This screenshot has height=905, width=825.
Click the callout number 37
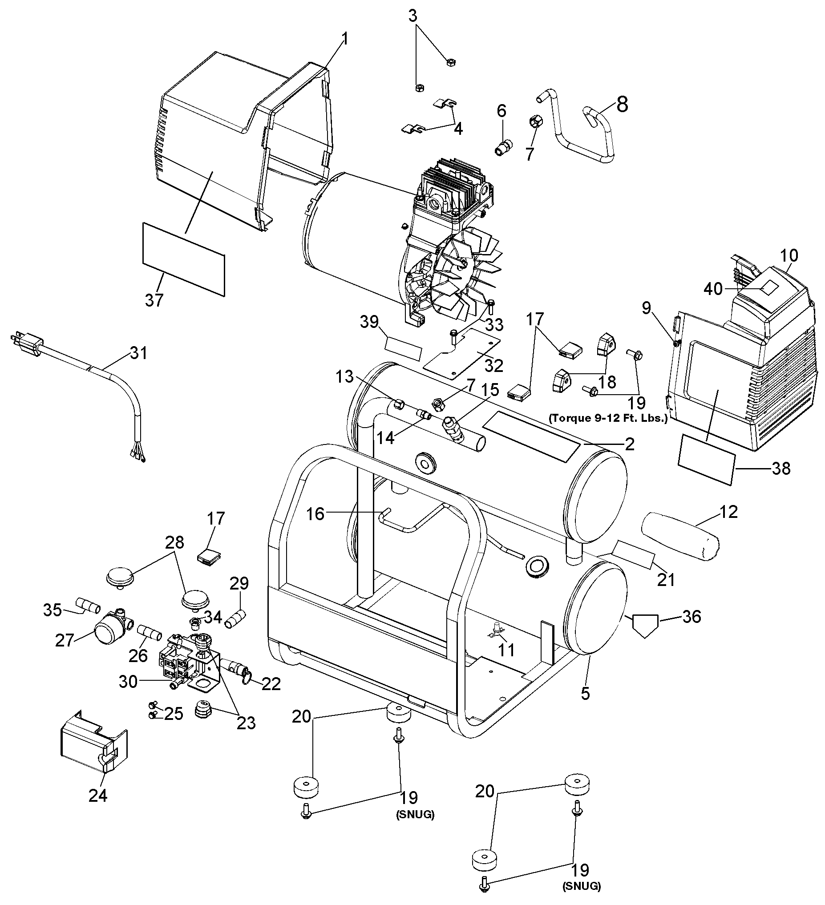[x=154, y=300]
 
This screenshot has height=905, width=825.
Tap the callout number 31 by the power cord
[x=139, y=353]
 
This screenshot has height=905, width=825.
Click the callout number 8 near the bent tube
[x=622, y=104]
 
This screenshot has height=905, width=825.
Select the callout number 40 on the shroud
[x=713, y=289]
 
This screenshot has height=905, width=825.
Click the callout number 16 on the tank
[x=315, y=514]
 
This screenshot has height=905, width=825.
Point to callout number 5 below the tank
[x=585, y=693]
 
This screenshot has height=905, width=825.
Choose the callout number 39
[x=369, y=322]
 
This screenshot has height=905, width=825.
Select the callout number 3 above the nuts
[x=412, y=16]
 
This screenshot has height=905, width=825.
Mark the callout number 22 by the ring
[x=271, y=684]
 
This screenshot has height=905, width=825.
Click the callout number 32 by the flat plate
[x=494, y=366]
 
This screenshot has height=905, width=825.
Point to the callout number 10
[x=789, y=256]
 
